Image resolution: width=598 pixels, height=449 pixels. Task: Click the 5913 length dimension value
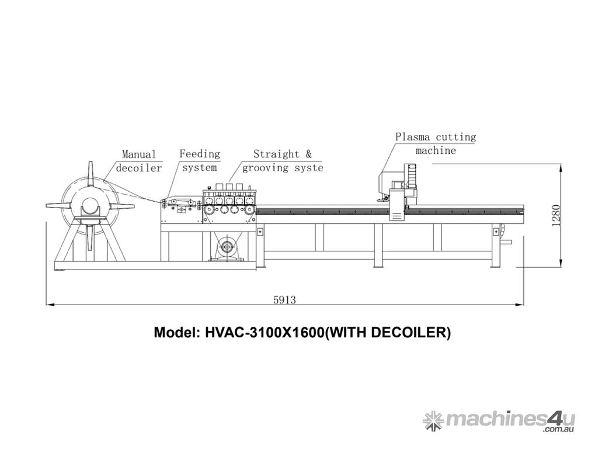(x=284, y=300)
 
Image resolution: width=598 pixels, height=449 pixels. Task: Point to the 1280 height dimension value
(x=556, y=216)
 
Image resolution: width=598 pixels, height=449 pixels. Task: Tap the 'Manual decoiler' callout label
(x=139, y=161)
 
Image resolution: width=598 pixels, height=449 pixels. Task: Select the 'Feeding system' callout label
(x=200, y=161)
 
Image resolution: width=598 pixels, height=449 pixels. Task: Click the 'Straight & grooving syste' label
(x=283, y=161)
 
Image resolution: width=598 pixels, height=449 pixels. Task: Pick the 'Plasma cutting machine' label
(x=436, y=144)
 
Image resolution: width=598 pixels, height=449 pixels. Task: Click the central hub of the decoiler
(x=91, y=207)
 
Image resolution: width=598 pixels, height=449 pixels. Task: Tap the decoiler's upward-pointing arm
(x=91, y=174)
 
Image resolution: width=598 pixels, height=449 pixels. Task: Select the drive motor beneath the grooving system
(x=227, y=247)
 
